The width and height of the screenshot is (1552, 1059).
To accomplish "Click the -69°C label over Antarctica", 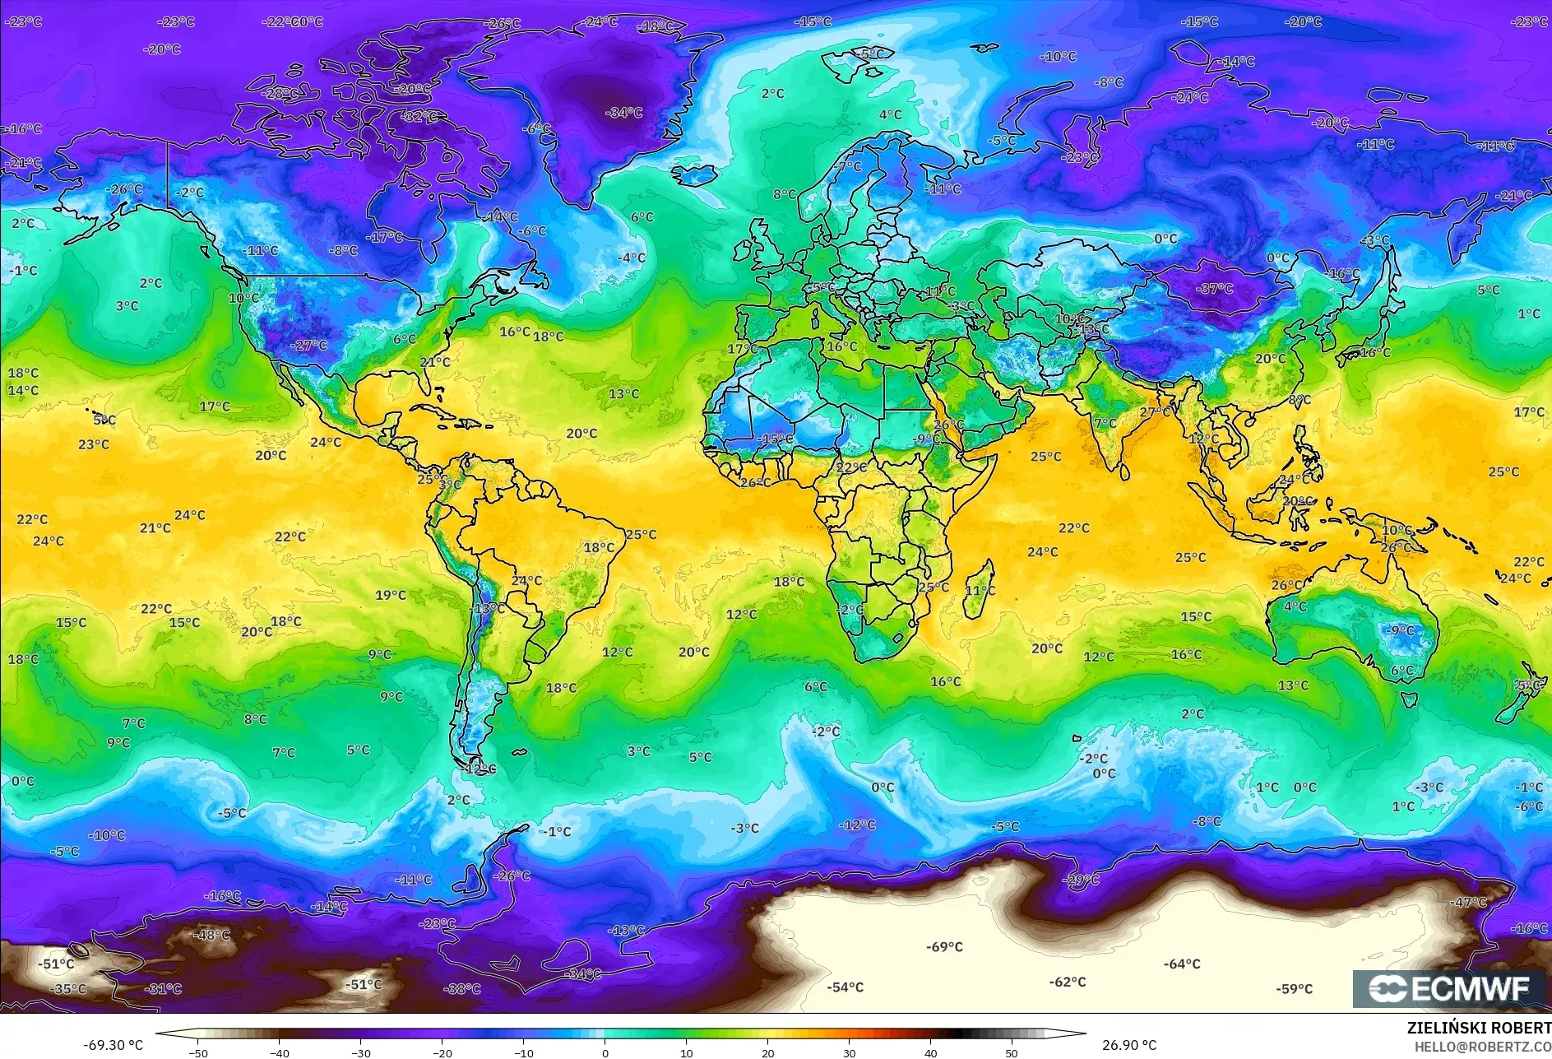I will pyautogui.click(x=944, y=947).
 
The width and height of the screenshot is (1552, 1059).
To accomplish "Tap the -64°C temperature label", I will pyautogui.click(x=1182, y=964).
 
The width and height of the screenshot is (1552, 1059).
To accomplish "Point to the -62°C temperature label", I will pyautogui.click(x=1068, y=982).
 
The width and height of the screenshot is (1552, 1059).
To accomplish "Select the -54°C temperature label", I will pyautogui.click(x=845, y=987).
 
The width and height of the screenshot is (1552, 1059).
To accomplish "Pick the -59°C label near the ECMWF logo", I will pyautogui.click(x=1294, y=989).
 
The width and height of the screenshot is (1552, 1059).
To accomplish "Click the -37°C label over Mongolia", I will pyautogui.click(x=1216, y=289).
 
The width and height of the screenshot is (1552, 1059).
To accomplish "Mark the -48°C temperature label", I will pyautogui.click(x=211, y=936).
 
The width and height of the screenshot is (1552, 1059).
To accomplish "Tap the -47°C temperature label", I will pyautogui.click(x=1468, y=903).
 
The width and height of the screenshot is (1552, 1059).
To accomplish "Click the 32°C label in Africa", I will pyautogui.click(x=851, y=467).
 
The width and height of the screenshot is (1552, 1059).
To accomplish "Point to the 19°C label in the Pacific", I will pyautogui.click(x=391, y=595).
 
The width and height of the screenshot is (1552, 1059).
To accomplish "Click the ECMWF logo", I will pyautogui.click(x=1450, y=988).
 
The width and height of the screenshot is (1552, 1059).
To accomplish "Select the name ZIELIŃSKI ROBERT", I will pyautogui.click(x=1479, y=1028).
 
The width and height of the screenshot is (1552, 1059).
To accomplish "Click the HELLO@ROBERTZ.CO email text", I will pyautogui.click(x=1482, y=1047).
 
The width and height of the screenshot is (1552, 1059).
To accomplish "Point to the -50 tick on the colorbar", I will pyautogui.click(x=198, y=1052).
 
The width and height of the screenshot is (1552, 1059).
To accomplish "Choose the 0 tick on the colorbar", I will pyautogui.click(x=605, y=1052).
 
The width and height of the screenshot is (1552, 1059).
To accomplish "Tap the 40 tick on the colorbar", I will pyautogui.click(x=930, y=1052).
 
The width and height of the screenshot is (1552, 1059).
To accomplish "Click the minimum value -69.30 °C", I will pyautogui.click(x=114, y=1045).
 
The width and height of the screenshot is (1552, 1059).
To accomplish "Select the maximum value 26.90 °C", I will pyautogui.click(x=1129, y=1045).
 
